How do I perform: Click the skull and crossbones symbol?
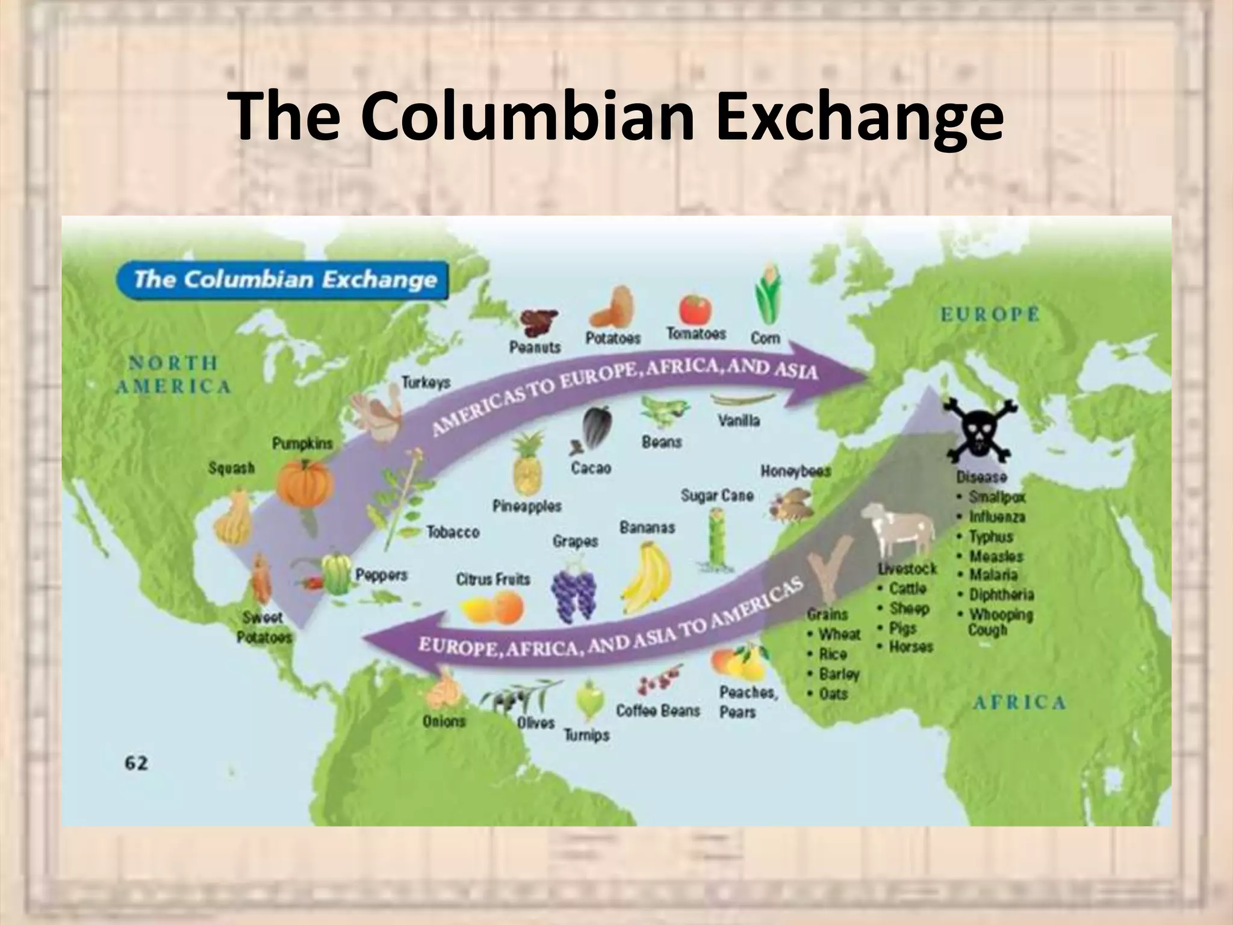coord(979,431)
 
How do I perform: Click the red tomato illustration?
coord(695,309)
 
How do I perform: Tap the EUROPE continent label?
coord(990,315)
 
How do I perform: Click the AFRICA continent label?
coord(1019,702)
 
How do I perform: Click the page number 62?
coord(136,764)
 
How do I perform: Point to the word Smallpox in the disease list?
coord(996,497)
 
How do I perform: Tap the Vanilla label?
coord(739,420)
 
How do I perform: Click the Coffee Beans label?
coord(658,711)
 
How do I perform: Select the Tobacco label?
coord(453,532)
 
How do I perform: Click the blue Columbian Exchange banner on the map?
coord(283,280)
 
